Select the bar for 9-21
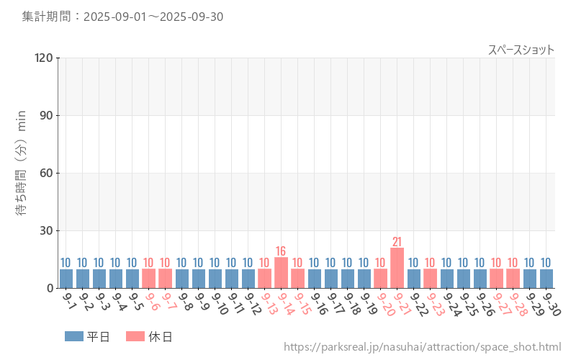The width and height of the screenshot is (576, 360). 397,268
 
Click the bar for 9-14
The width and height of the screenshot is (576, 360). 282,273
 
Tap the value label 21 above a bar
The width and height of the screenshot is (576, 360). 397,241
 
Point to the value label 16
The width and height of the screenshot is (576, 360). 282,251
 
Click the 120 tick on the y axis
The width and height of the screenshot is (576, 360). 44,58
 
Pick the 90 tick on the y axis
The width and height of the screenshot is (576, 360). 47,115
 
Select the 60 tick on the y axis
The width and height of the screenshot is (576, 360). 47,173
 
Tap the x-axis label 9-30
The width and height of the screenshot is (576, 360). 551,303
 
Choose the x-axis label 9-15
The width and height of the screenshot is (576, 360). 302,303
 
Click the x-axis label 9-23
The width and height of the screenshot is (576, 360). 435,303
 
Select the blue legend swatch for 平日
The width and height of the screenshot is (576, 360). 74,336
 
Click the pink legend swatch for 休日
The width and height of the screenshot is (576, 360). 135,336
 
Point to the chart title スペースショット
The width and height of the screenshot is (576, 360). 521,50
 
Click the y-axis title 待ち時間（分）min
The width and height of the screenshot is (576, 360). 22,163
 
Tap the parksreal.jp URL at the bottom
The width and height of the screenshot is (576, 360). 422,347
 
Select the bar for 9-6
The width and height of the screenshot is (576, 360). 149,278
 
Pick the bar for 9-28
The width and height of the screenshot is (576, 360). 513,278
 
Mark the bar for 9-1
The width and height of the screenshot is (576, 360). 66,278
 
